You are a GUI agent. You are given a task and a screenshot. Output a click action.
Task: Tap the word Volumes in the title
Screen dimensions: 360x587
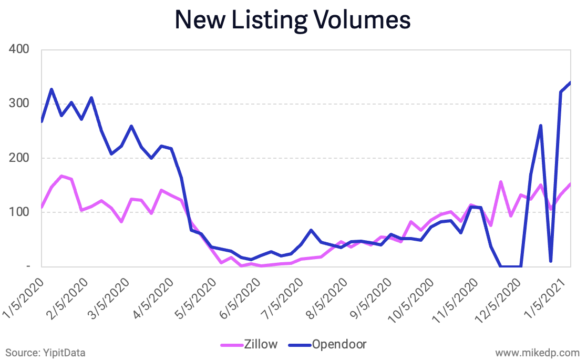pyautogui.click(x=359, y=20)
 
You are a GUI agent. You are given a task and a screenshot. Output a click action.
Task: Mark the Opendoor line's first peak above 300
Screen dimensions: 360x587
pyautogui.click(x=52, y=89)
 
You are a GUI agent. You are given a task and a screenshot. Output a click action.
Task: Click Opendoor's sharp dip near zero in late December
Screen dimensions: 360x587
pyautogui.click(x=551, y=261)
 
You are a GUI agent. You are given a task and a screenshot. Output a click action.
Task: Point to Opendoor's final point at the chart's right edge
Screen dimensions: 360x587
pyautogui.click(x=571, y=83)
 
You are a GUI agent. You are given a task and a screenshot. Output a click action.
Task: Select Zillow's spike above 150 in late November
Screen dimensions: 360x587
pyautogui.click(x=501, y=182)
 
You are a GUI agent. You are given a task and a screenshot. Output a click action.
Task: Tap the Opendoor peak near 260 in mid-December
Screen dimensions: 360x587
pyautogui.click(x=541, y=125)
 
